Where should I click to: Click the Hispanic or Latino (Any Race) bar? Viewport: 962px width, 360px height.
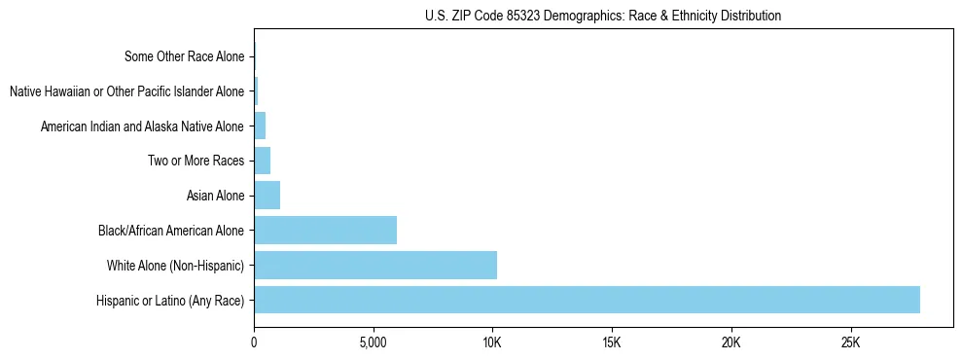(x=587, y=300)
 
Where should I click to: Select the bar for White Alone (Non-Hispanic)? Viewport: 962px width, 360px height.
(x=375, y=265)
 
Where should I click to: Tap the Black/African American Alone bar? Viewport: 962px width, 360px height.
(x=325, y=231)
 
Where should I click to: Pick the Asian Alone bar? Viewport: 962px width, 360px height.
(x=267, y=196)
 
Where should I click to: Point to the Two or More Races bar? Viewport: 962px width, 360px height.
(x=262, y=161)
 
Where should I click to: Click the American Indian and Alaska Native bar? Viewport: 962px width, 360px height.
(x=260, y=126)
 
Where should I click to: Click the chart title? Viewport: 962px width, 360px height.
(x=603, y=16)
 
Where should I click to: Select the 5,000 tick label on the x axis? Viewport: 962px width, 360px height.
(x=373, y=343)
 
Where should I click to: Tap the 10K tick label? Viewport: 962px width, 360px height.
(x=492, y=343)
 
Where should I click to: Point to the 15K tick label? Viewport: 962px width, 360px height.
(x=612, y=343)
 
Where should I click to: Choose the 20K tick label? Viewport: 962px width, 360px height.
(x=731, y=343)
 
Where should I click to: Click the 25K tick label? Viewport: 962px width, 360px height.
(x=850, y=343)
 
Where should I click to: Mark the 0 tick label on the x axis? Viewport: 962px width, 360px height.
(x=254, y=343)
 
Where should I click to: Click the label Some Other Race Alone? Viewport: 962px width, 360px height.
(x=184, y=57)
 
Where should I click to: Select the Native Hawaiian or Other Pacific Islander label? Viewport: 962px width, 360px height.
(x=126, y=92)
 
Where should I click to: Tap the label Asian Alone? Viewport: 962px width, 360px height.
(x=215, y=197)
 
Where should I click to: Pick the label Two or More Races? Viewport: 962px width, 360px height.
(x=196, y=162)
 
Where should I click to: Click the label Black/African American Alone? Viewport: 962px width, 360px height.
(x=171, y=232)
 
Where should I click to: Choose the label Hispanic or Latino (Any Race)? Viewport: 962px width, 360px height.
(x=170, y=301)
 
